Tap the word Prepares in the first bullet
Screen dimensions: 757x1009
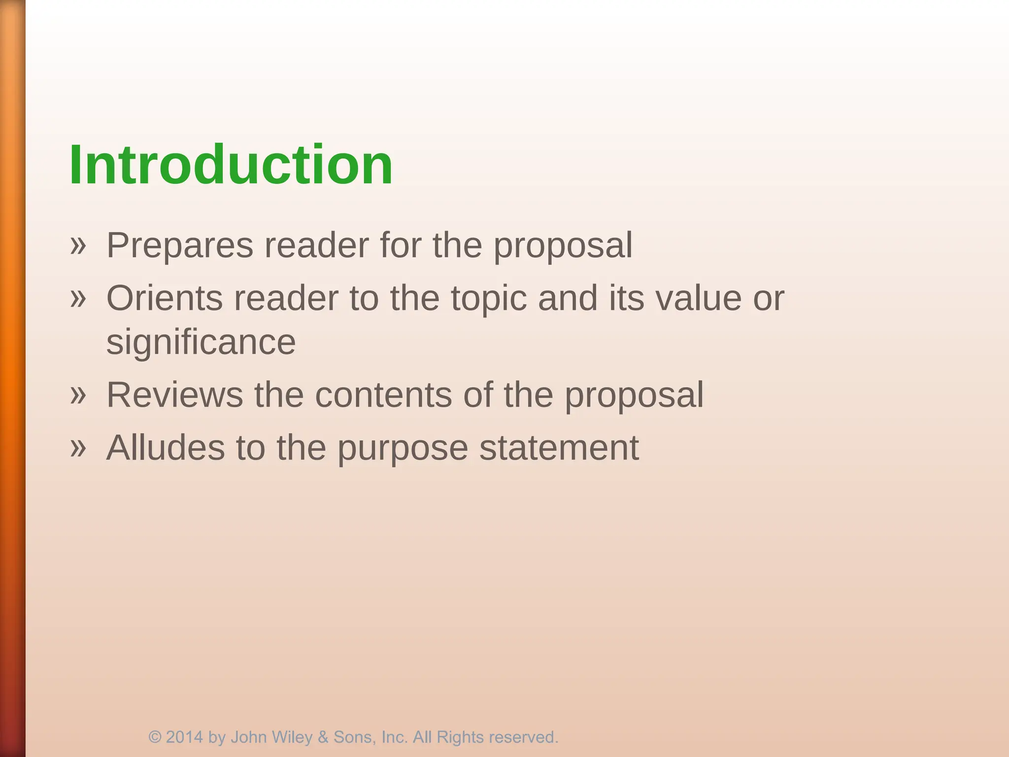click(x=179, y=245)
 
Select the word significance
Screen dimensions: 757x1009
click(x=201, y=343)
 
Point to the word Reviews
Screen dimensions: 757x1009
click(x=174, y=395)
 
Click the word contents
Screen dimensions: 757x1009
click(x=383, y=395)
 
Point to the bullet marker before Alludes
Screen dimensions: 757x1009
click(x=78, y=448)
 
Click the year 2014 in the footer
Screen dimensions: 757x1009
click(x=184, y=737)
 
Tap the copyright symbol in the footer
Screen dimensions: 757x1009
click(x=155, y=737)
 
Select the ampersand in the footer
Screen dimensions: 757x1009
click(x=323, y=737)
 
